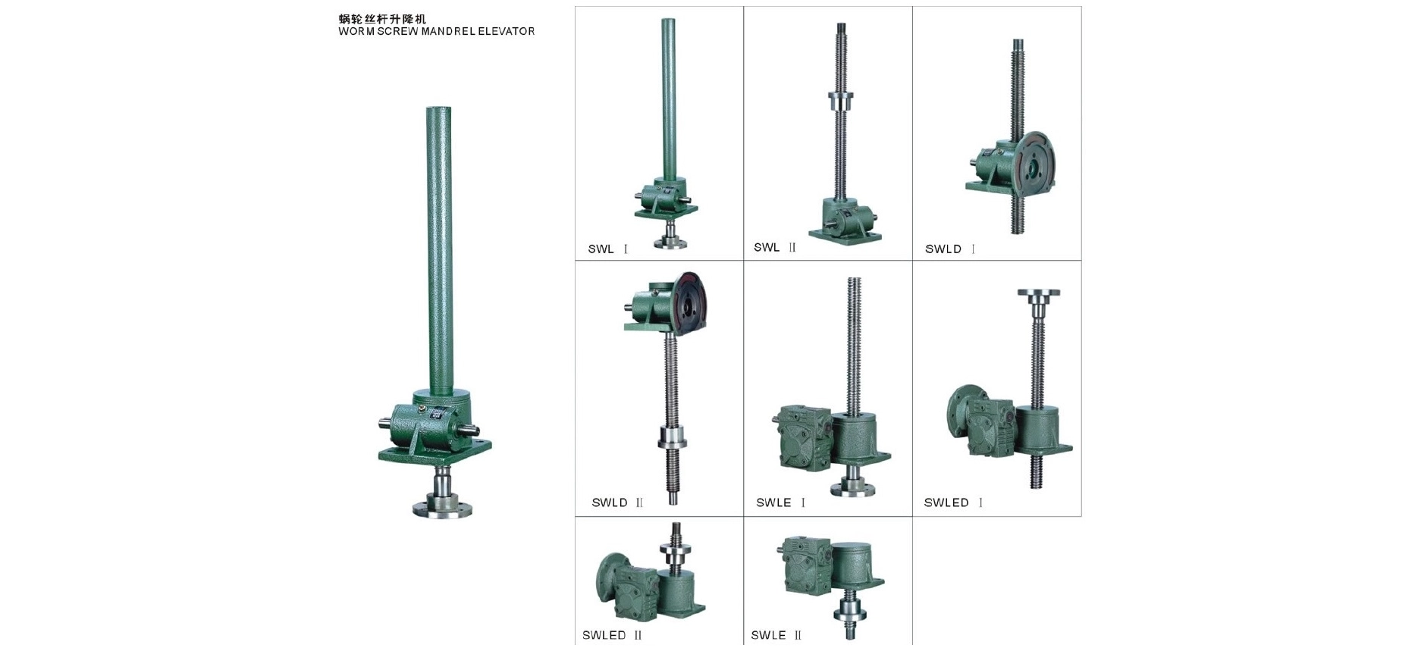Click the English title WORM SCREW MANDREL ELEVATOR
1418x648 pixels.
[437, 32]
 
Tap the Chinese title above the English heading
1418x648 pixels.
[383, 19]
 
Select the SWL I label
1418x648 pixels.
[608, 249]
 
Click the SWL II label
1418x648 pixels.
[775, 247]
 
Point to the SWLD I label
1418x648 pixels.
[950, 249]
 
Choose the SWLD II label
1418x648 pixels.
[617, 502]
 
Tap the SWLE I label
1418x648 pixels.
[781, 502]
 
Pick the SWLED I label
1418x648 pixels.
[953, 502]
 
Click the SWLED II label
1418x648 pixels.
[612, 635]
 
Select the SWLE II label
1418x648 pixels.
[776, 635]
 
